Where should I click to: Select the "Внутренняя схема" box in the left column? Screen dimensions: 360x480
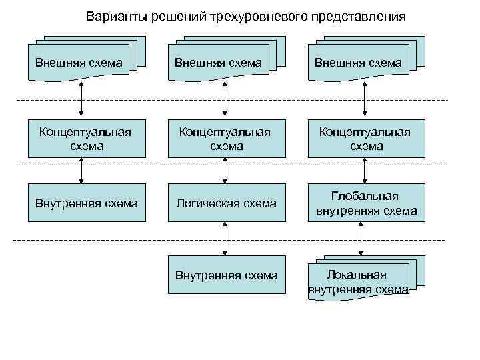[x=87, y=203]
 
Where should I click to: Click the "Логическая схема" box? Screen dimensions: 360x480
[x=225, y=203]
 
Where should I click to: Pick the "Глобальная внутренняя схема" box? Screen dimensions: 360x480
[x=365, y=203]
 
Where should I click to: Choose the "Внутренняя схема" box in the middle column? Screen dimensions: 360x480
[x=225, y=275]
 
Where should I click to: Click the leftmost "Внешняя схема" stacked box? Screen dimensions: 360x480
[x=80, y=63]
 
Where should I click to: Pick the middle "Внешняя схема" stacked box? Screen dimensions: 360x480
[x=220, y=63]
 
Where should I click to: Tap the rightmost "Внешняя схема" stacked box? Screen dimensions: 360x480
[x=360, y=63]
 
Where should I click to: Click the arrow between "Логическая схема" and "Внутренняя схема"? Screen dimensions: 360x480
[x=225, y=239]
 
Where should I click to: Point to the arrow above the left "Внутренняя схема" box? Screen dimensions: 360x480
[x=81, y=170]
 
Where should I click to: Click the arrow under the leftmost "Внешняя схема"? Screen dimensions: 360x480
[x=81, y=98]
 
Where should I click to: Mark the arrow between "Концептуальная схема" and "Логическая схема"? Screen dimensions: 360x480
[x=225, y=170]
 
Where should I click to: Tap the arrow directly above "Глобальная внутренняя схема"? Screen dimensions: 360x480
[x=363, y=170]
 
